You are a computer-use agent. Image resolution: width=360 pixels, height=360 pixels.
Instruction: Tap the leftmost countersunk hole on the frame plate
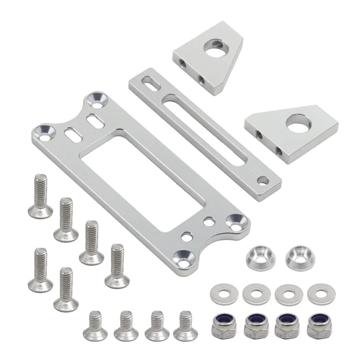(x=45, y=132)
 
